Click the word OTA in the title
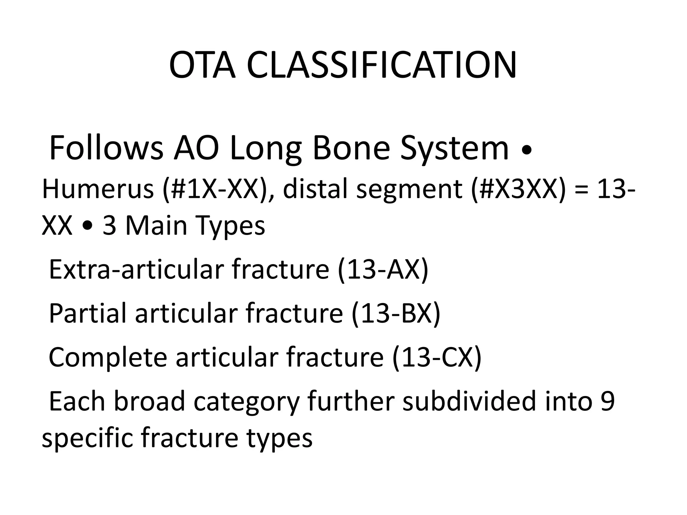[202, 65]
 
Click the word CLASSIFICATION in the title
[382, 65]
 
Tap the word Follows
[106, 148]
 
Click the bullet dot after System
[527, 152]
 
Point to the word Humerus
[98, 189]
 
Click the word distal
[315, 189]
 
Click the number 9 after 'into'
[608, 401]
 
